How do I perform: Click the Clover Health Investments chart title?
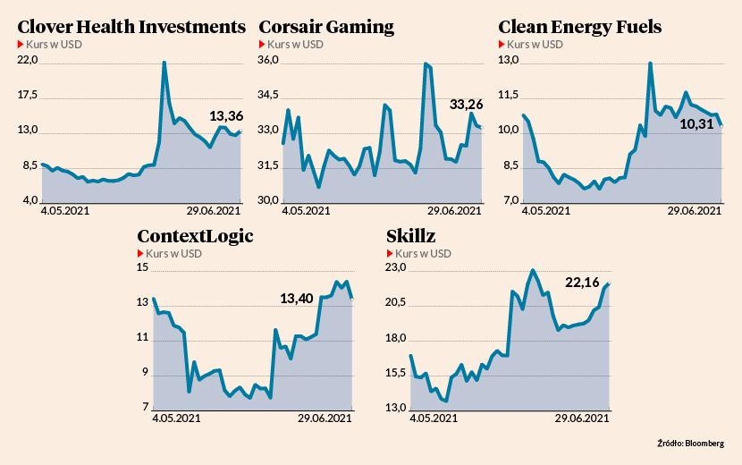tap(131, 27)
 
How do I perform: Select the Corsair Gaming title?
tap(326, 27)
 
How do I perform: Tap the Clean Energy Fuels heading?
tap(579, 27)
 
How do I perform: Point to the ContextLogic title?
tap(195, 236)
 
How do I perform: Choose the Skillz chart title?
tap(411, 236)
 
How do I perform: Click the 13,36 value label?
tap(225, 115)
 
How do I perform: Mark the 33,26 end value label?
tap(466, 105)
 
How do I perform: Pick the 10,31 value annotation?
tap(697, 123)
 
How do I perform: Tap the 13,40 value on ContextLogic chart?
tap(296, 299)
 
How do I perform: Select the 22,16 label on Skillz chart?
tap(582, 283)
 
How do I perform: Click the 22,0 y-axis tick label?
tap(28, 60)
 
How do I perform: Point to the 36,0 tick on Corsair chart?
tap(269, 60)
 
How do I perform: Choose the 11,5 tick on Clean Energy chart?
tap(509, 95)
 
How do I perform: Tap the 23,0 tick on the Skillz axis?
tap(395, 267)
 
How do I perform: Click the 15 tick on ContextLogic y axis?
tap(141, 267)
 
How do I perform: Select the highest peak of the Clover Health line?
tap(164, 63)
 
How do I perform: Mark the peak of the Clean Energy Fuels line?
tap(650, 63)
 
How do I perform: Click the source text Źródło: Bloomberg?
tap(690, 443)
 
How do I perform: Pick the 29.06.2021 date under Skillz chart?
tap(583, 418)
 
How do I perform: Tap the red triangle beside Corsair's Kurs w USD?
tap(262, 44)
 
